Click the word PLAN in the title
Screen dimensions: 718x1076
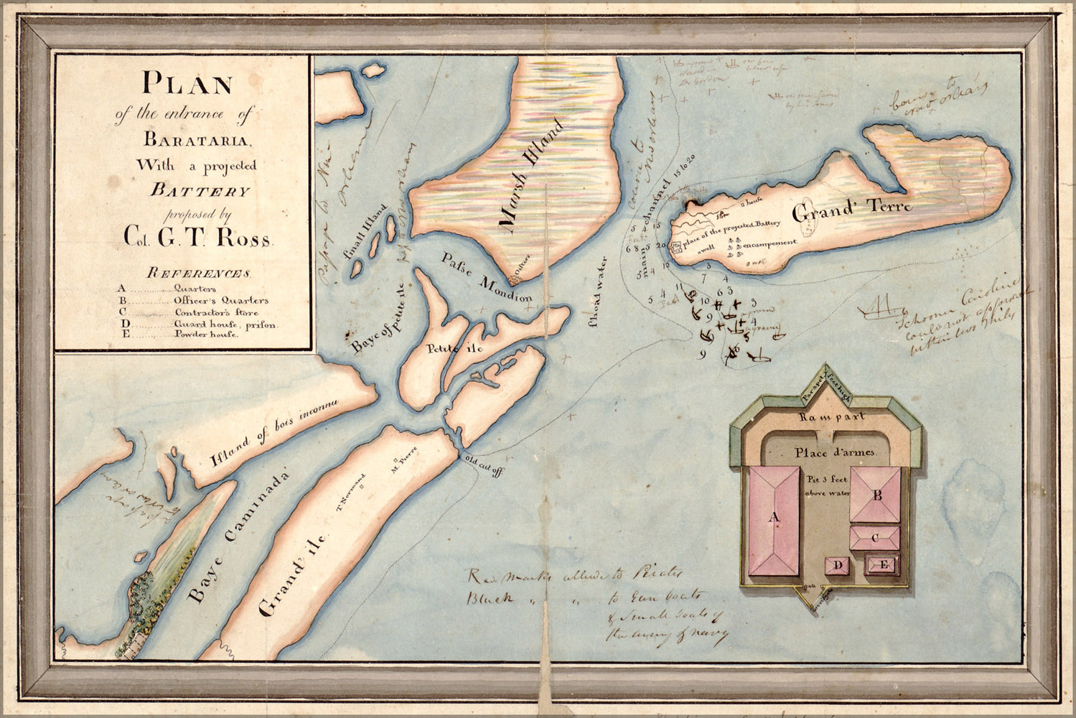187,83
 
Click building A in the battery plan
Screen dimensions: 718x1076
774,522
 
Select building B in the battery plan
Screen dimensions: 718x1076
876,495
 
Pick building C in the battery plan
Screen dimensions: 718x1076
875,538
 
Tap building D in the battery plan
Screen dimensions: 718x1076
838,567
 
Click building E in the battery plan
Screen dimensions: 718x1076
884,566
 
